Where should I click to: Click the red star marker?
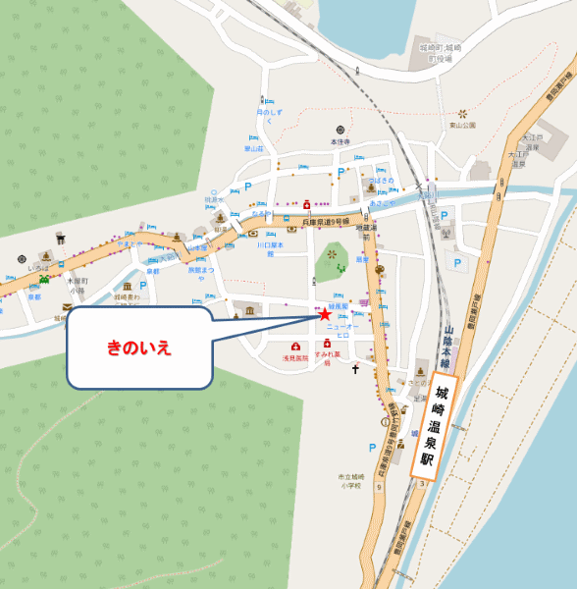[324, 314]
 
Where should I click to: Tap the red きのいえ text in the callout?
[139, 348]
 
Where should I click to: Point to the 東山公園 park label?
[462, 126]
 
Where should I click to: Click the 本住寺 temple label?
[340, 142]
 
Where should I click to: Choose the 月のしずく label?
[267, 116]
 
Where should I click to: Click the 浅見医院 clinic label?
[295, 358]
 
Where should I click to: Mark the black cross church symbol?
[356, 369]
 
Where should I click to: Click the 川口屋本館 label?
[270, 249]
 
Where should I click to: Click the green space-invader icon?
[42, 280]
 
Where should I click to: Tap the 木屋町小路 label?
[78, 285]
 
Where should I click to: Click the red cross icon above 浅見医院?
[295, 347]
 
